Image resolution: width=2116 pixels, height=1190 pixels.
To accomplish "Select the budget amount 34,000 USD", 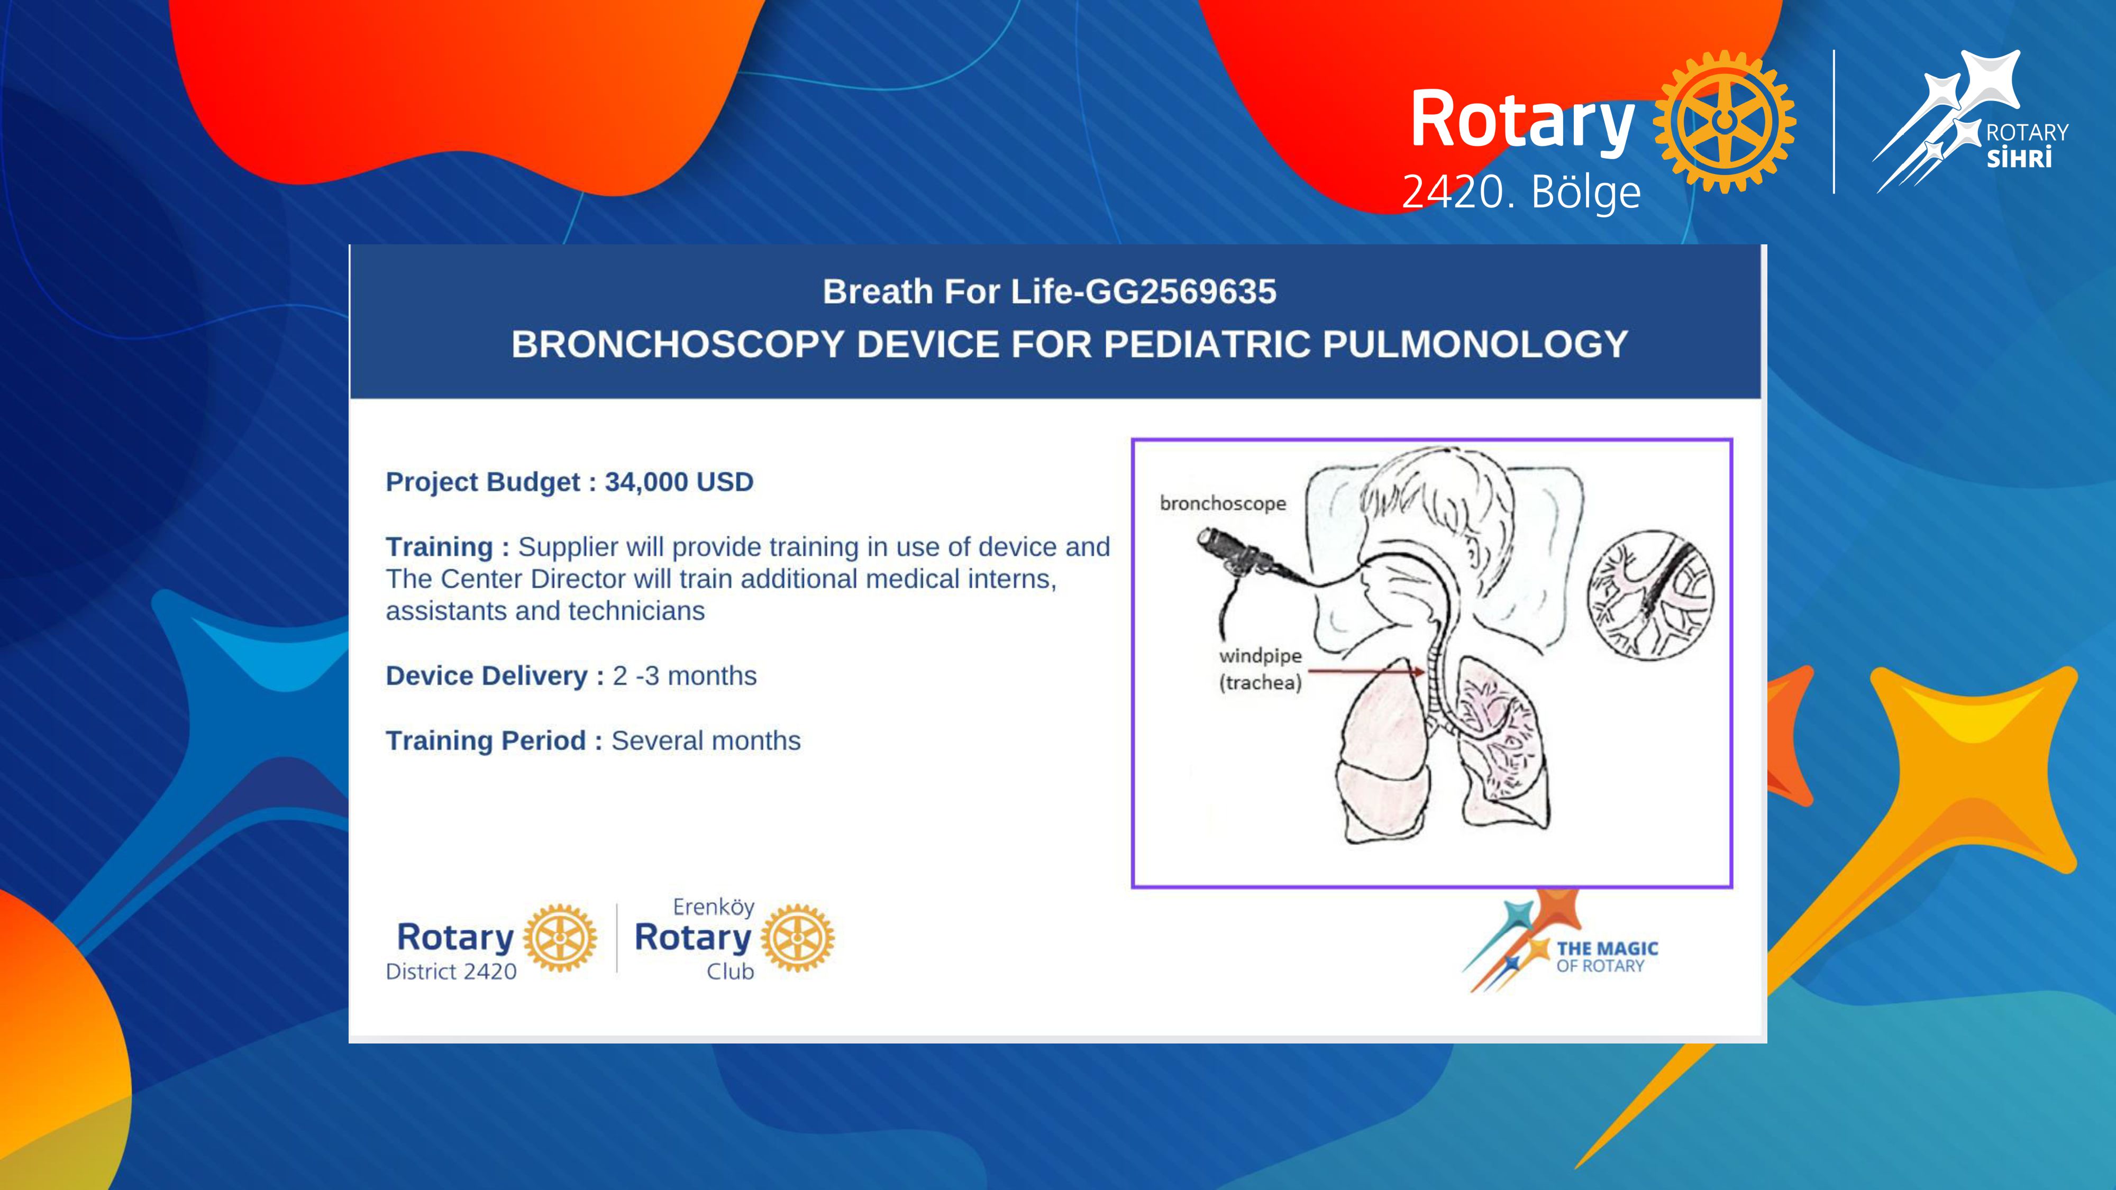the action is click(x=679, y=482).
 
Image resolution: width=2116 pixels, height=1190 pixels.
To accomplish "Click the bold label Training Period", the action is click(x=486, y=741).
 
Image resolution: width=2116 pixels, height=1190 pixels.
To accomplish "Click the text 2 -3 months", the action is click(x=684, y=676).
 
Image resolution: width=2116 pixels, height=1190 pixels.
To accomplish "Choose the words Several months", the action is click(x=706, y=741).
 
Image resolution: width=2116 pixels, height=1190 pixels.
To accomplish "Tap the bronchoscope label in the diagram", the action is click(x=1223, y=504).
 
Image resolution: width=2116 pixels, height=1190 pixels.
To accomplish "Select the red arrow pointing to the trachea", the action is click(x=1366, y=671).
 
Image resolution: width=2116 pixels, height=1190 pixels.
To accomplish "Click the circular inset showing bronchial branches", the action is click(x=1650, y=594).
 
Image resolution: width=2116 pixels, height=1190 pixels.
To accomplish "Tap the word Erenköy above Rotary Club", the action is click(x=713, y=907).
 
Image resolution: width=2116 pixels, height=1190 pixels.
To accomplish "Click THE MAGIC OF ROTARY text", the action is click(x=1607, y=957).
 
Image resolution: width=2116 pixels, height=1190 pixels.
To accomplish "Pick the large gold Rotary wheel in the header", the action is click(x=1724, y=122).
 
